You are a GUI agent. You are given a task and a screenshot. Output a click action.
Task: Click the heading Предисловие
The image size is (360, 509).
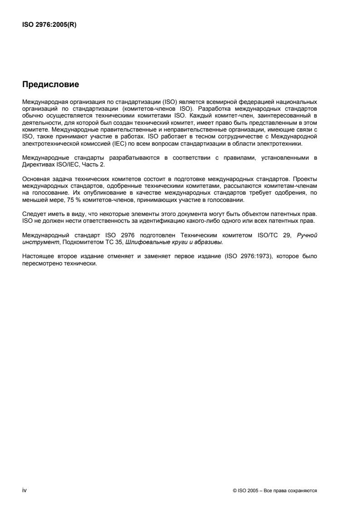[x=51, y=84]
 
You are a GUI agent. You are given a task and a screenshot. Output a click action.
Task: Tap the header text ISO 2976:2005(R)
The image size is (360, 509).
[x=49, y=25]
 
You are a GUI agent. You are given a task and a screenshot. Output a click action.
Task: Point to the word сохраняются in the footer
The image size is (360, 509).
[x=306, y=491]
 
